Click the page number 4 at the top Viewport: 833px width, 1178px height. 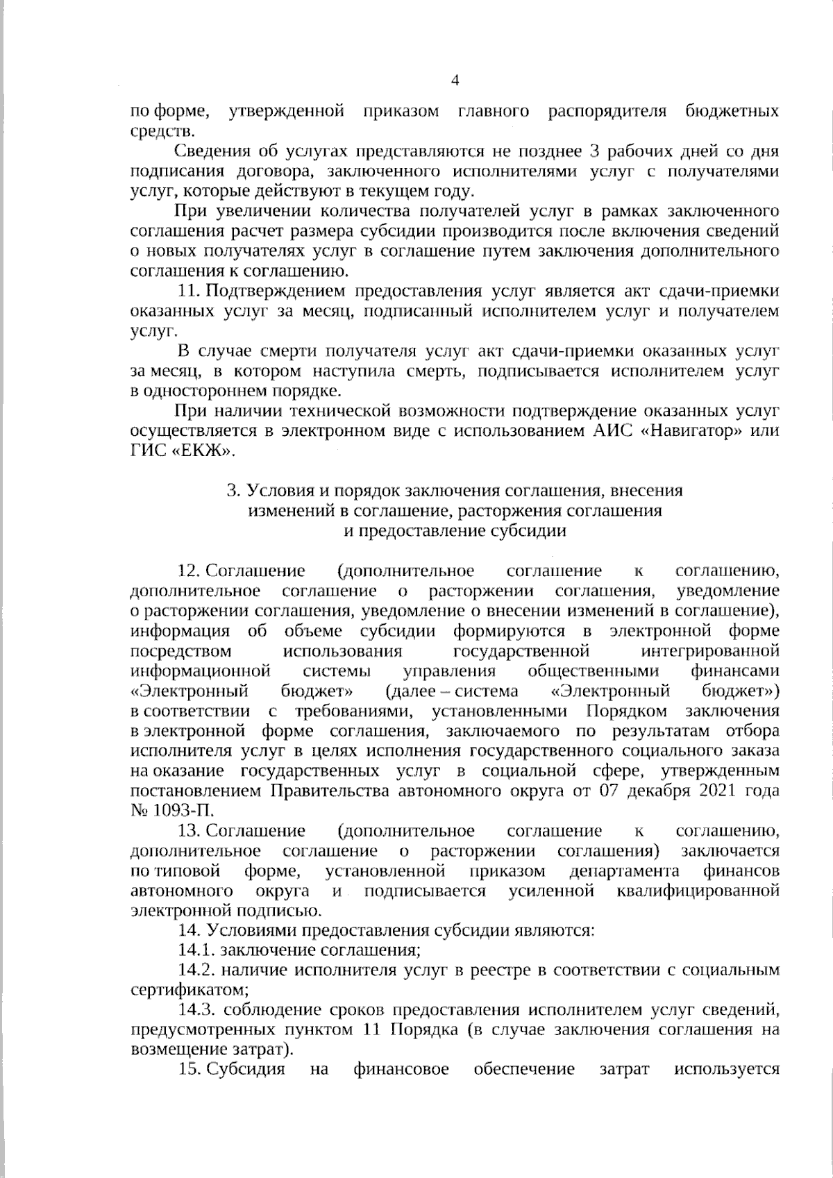click(455, 81)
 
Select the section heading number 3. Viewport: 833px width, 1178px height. click(233, 491)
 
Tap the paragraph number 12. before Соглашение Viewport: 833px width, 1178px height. click(190, 571)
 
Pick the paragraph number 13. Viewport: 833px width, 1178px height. click(190, 831)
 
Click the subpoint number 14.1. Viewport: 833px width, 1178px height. click(194, 950)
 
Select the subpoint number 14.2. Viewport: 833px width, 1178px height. click(195, 970)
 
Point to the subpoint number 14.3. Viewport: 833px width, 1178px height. click(195, 1009)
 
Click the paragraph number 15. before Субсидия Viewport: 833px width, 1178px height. click(190, 1069)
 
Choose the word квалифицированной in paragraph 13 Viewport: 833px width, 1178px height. click(698, 891)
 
